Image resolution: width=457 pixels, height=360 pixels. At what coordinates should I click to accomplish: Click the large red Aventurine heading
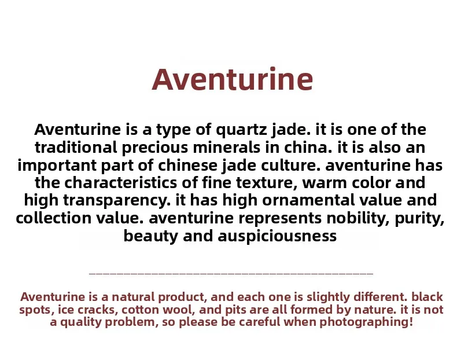[x=233, y=79]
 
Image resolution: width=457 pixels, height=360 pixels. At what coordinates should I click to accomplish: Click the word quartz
[x=241, y=130]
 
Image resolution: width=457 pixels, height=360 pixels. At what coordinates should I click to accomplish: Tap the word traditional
[x=76, y=147]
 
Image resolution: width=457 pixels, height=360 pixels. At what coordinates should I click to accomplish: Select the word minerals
[x=226, y=147]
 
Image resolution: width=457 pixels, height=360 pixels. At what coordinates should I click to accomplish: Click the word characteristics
[x=120, y=183]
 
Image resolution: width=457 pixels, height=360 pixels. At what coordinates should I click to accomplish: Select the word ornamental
[x=308, y=200]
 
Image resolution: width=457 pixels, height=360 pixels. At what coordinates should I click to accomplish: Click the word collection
[x=54, y=218]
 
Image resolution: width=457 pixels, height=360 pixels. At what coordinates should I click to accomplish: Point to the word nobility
[x=358, y=218]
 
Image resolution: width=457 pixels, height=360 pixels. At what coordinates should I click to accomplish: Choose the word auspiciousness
[x=277, y=236]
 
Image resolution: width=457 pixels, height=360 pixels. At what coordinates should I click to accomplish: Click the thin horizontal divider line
[x=231, y=274]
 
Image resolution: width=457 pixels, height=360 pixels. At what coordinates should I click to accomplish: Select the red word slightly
[x=328, y=297]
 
